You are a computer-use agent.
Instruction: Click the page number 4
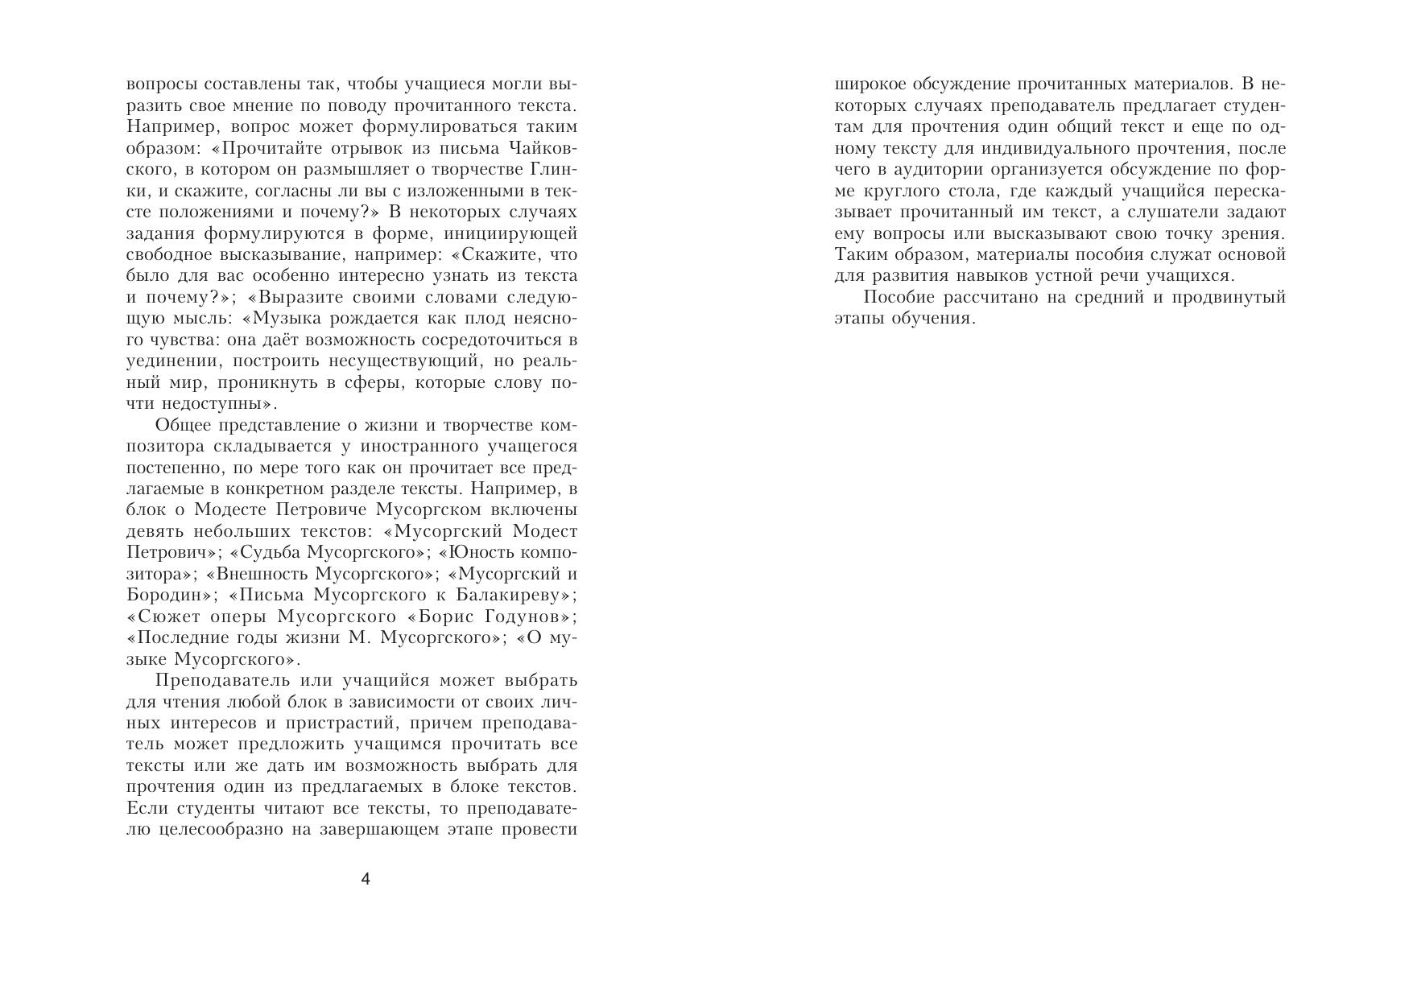pyautogui.click(x=366, y=879)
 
